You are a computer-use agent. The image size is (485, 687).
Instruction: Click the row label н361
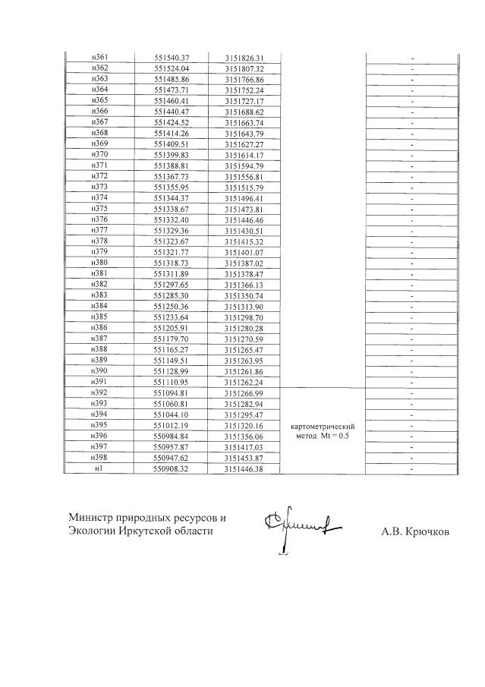[99, 58]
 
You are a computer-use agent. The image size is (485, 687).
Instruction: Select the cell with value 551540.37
[171, 58]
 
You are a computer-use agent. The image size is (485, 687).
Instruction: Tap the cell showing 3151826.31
[244, 58]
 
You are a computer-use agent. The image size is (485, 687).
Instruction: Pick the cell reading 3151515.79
[244, 187]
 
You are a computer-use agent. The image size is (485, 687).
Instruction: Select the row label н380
[99, 262]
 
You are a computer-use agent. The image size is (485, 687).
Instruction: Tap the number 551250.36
[171, 305]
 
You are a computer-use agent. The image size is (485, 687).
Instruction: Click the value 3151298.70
[244, 316]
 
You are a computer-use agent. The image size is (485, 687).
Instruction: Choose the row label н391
[99, 381]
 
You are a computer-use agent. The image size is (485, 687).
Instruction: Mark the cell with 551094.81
[171, 393]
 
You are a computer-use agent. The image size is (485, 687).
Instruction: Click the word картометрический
[323, 427]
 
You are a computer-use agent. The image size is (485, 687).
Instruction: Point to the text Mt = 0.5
[335, 437]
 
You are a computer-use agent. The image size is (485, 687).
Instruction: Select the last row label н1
[99, 469]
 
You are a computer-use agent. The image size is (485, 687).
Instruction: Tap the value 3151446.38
[244, 469]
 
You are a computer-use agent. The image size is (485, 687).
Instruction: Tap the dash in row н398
[411, 459]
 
